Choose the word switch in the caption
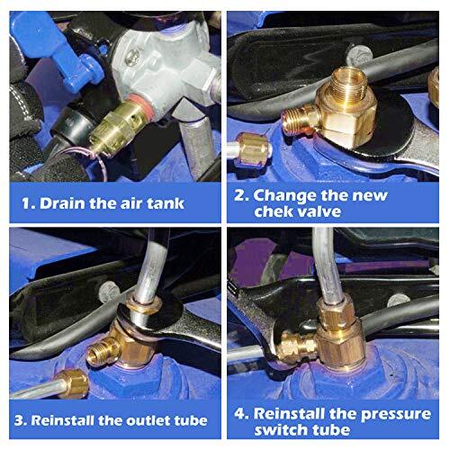[x=290, y=431]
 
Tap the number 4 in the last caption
[x=242, y=412]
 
